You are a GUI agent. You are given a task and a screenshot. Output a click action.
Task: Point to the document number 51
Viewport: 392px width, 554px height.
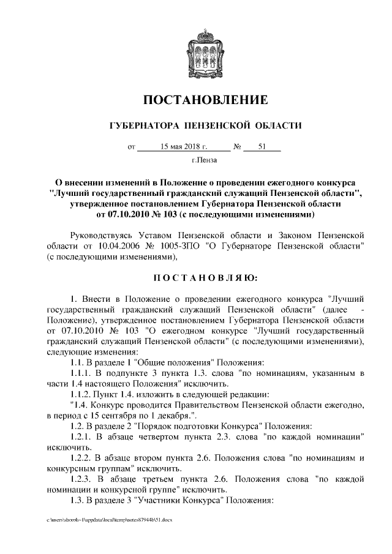click(x=262, y=147)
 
